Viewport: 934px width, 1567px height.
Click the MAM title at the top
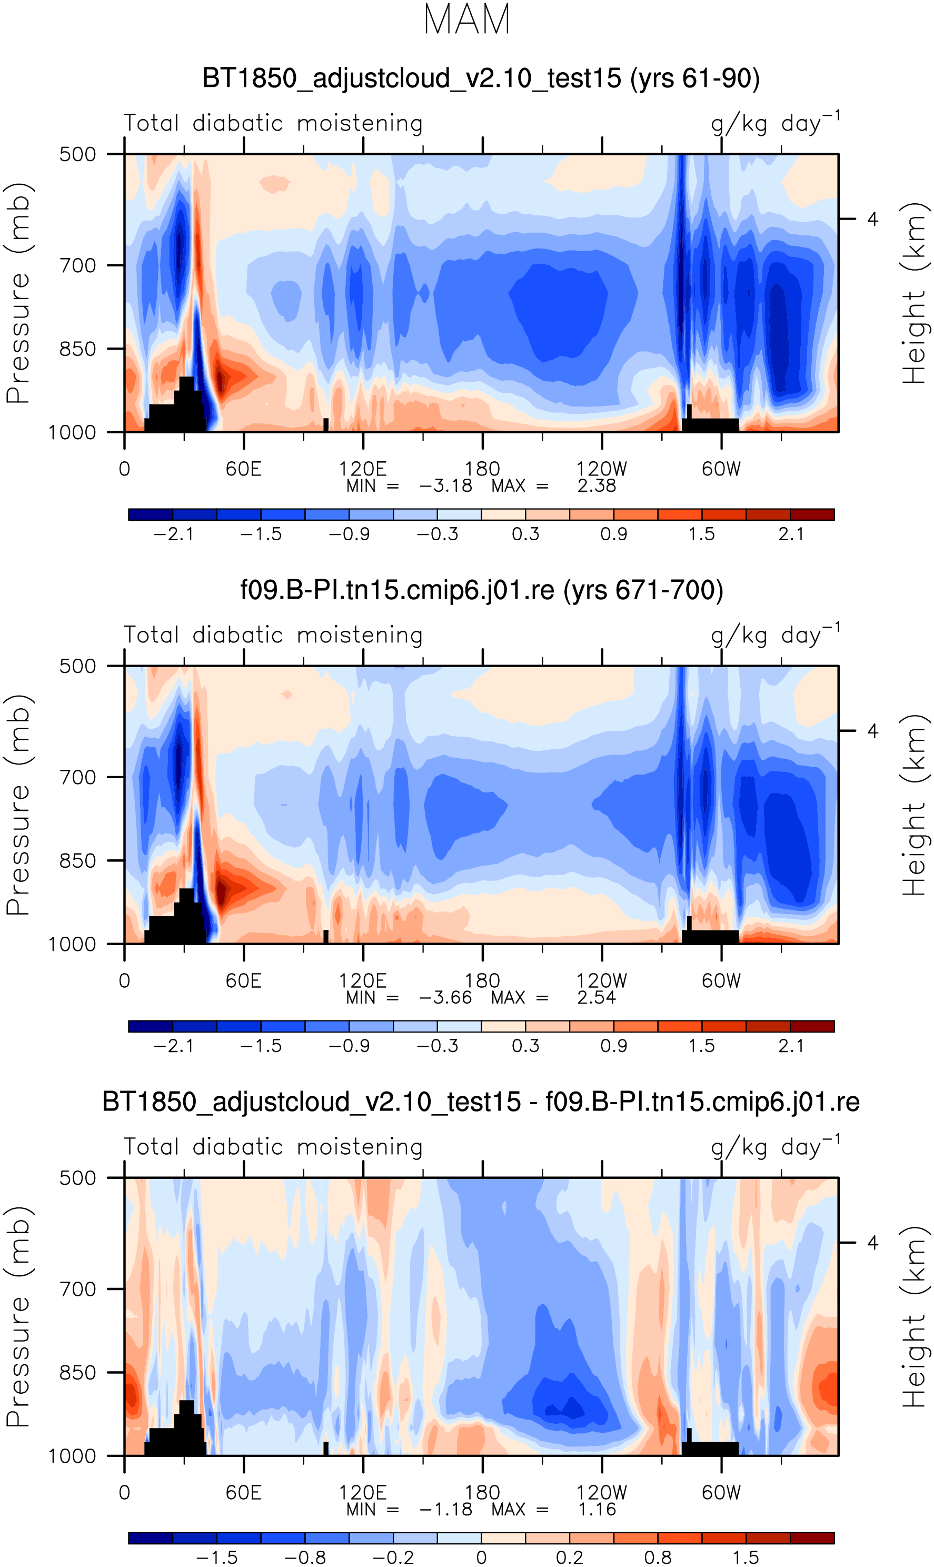point(466,19)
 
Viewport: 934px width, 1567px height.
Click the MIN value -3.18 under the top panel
point(445,486)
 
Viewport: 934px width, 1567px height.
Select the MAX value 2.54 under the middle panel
point(596,997)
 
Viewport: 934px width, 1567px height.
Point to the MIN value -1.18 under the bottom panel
point(445,1509)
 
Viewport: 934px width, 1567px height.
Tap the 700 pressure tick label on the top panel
point(77,265)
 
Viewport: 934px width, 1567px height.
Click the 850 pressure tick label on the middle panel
point(77,861)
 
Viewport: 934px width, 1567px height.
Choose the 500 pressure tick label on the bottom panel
point(77,1178)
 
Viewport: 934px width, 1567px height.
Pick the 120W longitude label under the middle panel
point(602,981)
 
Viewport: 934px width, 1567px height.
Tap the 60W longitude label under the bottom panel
point(721,1493)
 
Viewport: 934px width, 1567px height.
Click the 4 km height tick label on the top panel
point(872,219)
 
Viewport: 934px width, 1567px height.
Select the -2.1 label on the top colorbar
point(174,534)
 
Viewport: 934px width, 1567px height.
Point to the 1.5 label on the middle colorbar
point(702,1046)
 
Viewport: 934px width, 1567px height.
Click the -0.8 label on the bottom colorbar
point(305,1558)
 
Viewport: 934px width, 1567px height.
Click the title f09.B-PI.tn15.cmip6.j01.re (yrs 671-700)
point(481,590)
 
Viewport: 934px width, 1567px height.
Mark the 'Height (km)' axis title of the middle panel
point(914,805)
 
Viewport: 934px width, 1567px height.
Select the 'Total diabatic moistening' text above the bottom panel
point(273,1147)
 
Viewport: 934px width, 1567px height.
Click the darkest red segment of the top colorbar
point(812,514)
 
